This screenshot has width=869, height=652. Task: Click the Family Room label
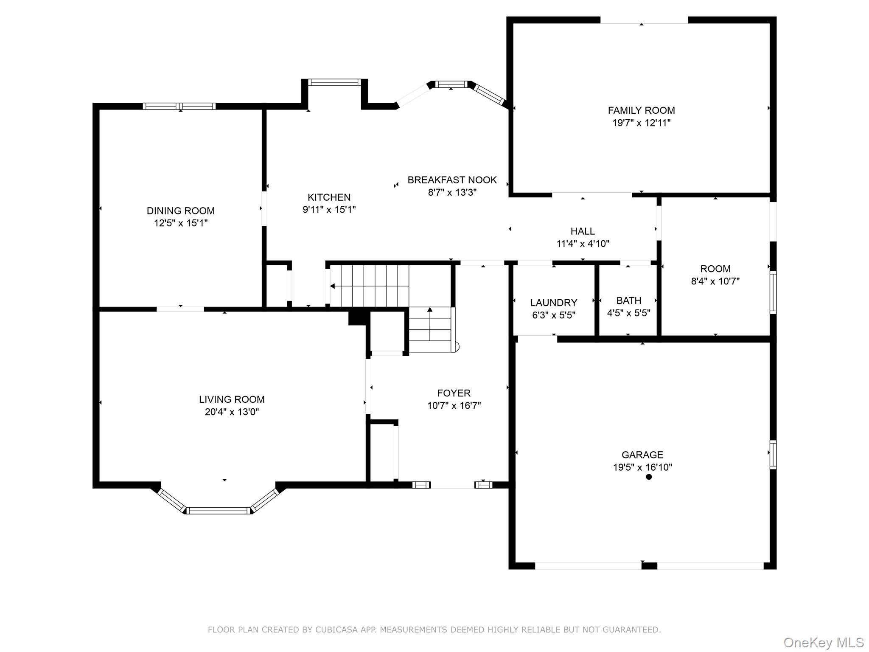(641, 110)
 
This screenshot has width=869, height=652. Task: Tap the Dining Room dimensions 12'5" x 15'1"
(181, 223)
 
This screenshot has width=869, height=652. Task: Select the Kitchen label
(329, 197)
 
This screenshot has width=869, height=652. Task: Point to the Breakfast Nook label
(452, 180)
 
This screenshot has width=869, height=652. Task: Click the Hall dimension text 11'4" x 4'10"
(583, 244)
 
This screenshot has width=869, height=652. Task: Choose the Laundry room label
(554, 303)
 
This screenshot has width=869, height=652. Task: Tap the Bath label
(628, 301)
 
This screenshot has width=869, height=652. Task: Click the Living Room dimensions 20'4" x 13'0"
(232, 412)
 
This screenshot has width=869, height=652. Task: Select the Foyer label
(454, 393)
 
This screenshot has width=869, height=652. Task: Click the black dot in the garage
(648, 477)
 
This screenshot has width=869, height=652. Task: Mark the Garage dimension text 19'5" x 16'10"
(642, 467)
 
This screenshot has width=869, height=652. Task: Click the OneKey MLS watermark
(824, 642)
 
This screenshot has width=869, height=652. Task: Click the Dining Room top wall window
(179, 106)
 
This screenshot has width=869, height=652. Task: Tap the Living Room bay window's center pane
(219, 511)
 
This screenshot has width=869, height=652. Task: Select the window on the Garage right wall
(773, 455)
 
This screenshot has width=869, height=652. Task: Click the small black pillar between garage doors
(649, 565)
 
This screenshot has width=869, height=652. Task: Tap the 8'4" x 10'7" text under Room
(715, 281)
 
